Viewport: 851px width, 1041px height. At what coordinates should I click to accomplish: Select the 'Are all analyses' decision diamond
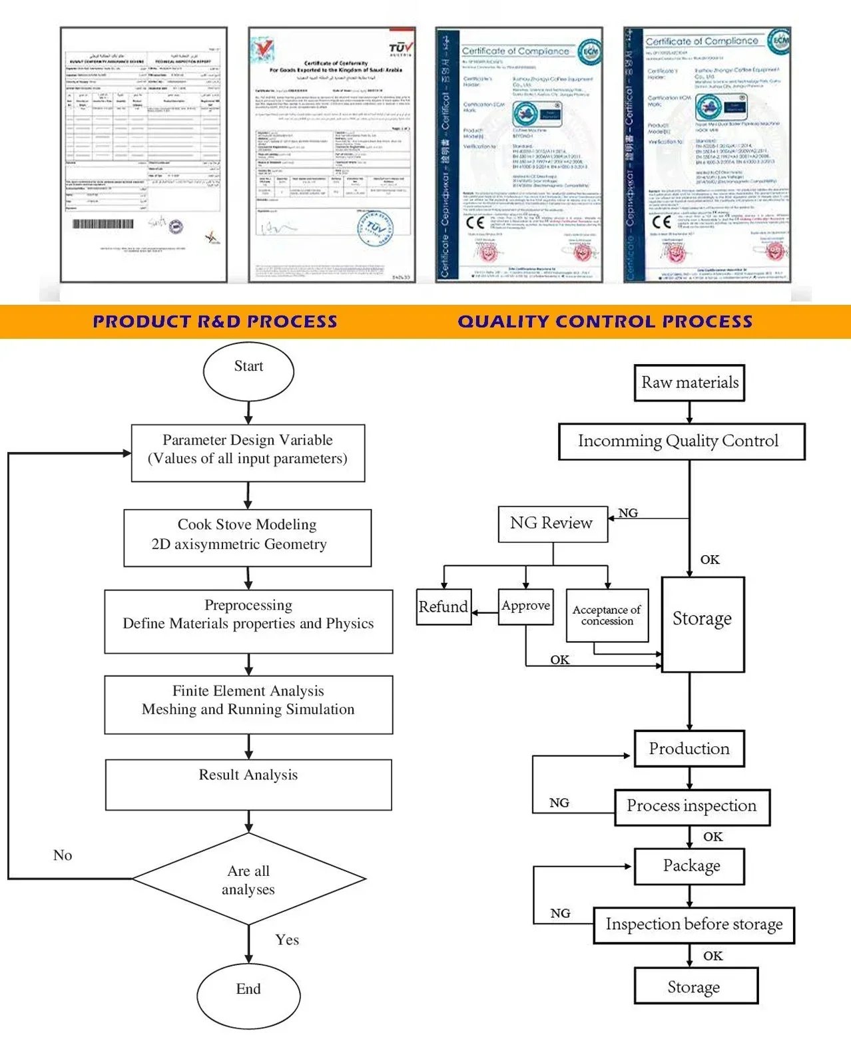click(248, 879)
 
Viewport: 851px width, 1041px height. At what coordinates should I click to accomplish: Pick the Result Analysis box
click(248, 785)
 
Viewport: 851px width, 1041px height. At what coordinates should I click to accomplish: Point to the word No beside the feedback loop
click(63, 855)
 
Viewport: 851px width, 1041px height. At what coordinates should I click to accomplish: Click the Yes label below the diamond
click(287, 940)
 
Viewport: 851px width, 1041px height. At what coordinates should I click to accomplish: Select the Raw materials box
click(689, 383)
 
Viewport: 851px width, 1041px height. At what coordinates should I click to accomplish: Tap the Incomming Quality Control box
click(681, 441)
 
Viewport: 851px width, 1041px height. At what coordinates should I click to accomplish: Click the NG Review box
click(553, 524)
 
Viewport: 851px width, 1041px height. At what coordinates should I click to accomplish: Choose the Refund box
click(443, 606)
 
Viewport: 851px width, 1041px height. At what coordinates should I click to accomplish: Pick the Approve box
click(525, 606)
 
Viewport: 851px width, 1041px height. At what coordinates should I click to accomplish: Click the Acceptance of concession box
click(607, 615)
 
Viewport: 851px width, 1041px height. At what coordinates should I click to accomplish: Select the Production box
click(689, 749)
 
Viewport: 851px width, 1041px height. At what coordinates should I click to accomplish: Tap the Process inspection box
click(692, 807)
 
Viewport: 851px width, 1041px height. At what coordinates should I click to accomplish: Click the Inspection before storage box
click(694, 925)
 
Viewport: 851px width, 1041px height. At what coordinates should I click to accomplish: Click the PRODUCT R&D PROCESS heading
click(215, 321)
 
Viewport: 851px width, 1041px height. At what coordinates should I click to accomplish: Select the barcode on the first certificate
click(103, 224)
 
